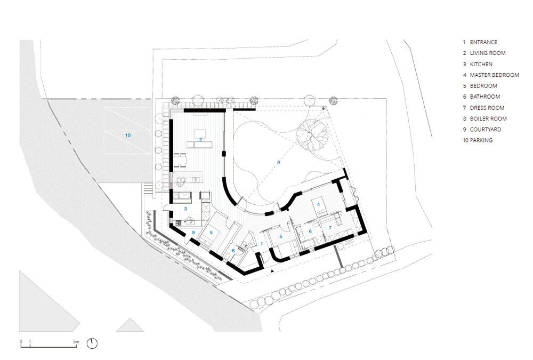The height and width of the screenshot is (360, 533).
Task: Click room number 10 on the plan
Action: [x=128, y=135]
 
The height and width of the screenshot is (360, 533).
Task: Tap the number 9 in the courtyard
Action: [x=278, y=163]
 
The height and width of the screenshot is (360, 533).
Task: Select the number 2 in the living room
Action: [x=201, y=140]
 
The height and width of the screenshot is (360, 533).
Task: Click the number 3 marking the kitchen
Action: [x=185, y=209]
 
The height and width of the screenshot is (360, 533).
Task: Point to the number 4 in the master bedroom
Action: [x=319, y=204]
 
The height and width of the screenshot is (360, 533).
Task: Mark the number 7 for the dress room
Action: [x=330, y=228]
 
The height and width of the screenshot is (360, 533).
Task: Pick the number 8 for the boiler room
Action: [x=193, y=233]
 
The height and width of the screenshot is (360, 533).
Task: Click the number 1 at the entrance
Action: [x=262, y=244]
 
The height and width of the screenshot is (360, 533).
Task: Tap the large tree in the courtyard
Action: [x=312, y=135]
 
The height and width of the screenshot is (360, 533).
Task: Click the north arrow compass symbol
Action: [x=92, y=343]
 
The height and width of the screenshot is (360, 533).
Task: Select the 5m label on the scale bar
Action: [x=76, y=341]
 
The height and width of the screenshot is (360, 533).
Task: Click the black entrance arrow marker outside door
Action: [x=272, y=271]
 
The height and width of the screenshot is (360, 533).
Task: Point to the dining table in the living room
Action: [x=180, y=160]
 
